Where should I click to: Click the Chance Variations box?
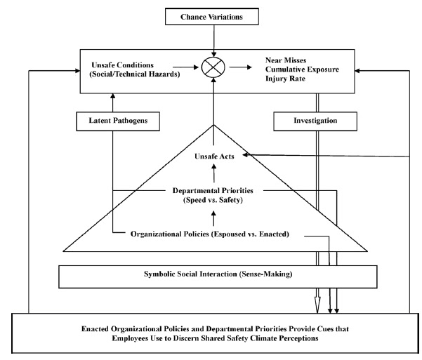212,17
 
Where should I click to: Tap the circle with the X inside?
213,67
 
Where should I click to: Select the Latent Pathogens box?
118,121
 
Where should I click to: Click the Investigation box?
315,121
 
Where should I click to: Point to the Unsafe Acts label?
214,156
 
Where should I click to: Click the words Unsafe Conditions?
122,65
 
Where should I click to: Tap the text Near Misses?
286,60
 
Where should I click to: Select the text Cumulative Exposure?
302,69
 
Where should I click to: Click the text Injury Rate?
285,79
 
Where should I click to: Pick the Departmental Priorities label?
213,190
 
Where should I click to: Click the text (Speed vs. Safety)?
213,200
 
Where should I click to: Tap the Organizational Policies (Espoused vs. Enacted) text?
210,234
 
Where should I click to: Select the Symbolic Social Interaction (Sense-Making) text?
218,274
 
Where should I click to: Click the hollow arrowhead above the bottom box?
317,305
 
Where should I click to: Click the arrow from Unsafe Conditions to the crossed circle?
185,67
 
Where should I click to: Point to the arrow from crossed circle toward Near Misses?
241,67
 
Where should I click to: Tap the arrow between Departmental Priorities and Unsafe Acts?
214,173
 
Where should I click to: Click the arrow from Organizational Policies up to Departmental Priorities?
213,218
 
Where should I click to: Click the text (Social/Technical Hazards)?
135,74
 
